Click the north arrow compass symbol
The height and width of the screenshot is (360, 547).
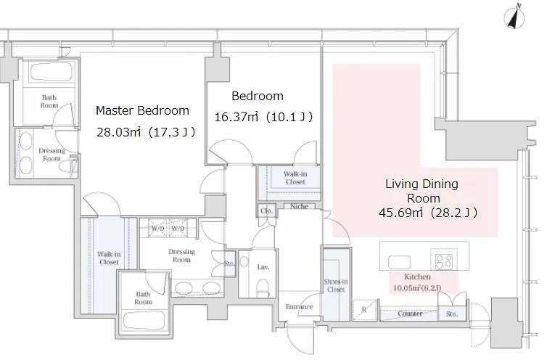click(514, 17)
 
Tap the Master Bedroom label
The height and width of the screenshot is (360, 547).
click(142, 111)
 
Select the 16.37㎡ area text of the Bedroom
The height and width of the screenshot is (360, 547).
click(237, 117)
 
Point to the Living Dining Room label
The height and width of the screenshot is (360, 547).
click(422, 191)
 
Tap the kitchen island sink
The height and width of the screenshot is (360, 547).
click(400, 261)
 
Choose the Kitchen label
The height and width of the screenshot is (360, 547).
click(417, 277)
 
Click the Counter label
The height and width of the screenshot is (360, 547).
click(410, 314)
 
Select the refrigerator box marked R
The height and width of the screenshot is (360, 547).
click(365, 310)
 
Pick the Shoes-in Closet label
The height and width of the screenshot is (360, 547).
click(336, 286)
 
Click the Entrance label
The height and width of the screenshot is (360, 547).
click(300, 307)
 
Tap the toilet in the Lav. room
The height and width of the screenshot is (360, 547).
click(263, 286)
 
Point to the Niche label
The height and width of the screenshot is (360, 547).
click(300, 206)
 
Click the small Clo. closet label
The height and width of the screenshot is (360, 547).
click(266, 211)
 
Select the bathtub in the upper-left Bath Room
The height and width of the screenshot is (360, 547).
click(52, 72)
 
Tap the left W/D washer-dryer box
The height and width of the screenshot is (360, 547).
click(157, 229)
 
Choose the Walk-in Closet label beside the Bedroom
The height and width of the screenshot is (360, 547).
click(295, 178)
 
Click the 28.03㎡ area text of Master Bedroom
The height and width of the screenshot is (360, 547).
click(118, 132)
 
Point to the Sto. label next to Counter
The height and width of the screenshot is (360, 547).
click(452, 314)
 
